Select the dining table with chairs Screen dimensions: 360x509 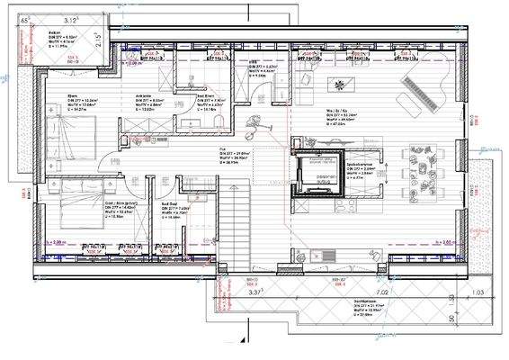(422, 167)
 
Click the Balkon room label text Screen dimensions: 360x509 (55, 31)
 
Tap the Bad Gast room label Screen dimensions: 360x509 (169, 205)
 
